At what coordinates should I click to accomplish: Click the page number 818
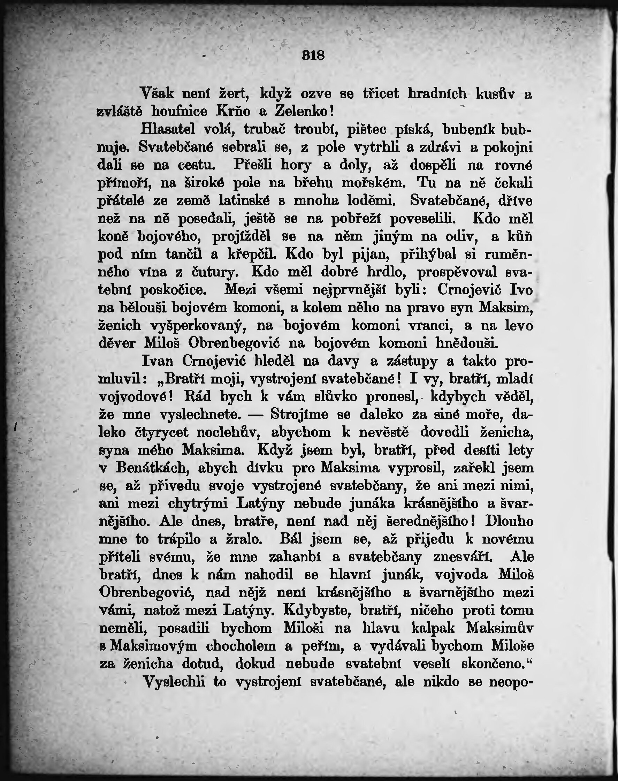coord(313,55)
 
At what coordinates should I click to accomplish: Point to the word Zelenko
coord(302,112)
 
